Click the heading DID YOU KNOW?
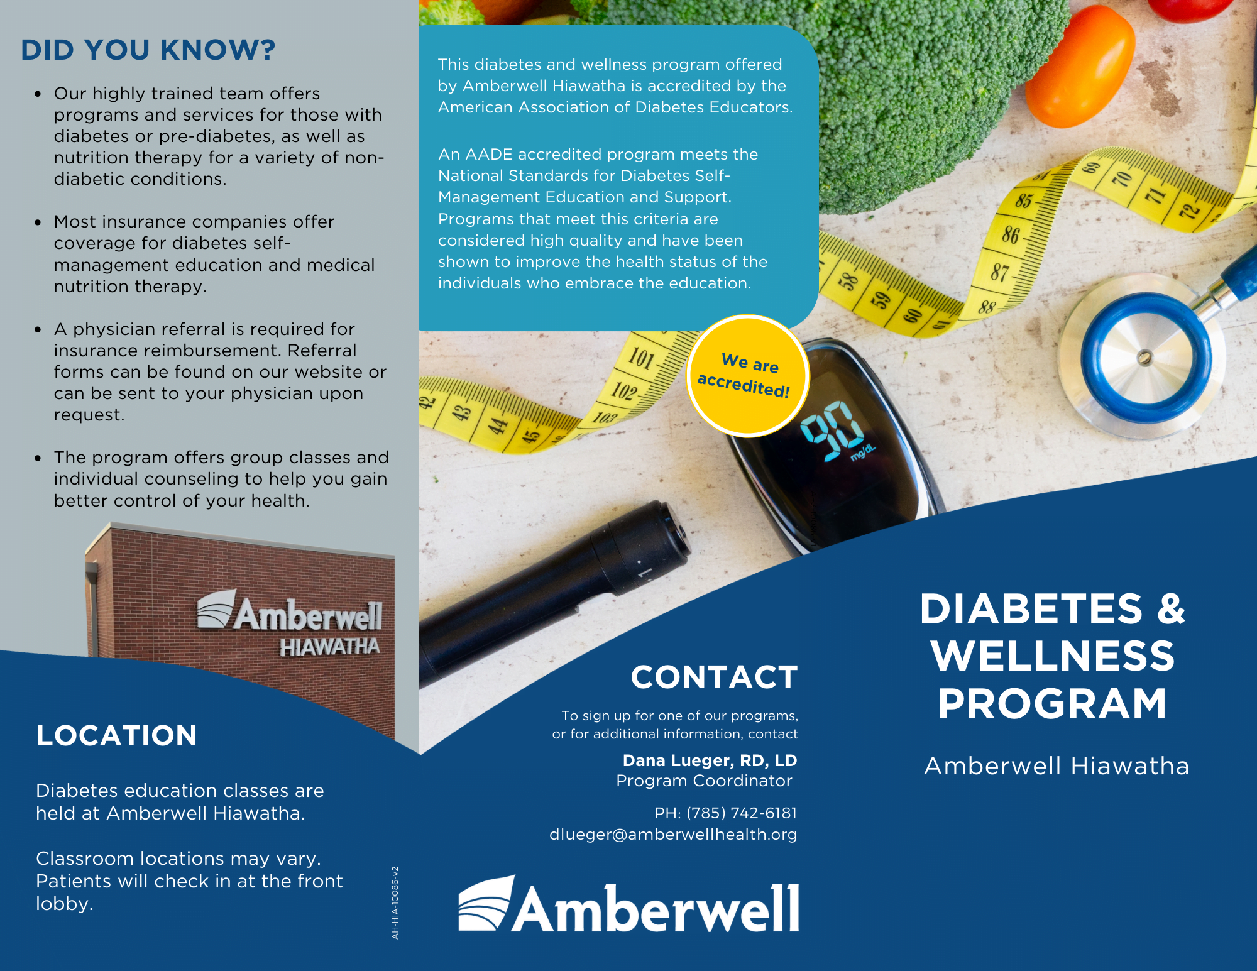coord(148,50)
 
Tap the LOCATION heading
coord(117,735)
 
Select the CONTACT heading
coord(715,678)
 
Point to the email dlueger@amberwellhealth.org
coord(673,835)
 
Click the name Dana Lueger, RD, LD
coord(710,760)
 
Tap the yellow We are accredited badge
coord(747,376)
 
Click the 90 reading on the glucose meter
coord(832,431)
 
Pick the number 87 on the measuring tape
coord(999,272)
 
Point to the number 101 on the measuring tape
coord(641,358)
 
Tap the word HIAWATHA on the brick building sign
coord(329,647)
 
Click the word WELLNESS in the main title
coord(1053,656)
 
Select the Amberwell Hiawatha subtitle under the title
coord(1057,766)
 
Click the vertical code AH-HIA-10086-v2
coord(395,902)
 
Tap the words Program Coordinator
coord(704,781)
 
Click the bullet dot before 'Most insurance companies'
coord(38,222)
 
